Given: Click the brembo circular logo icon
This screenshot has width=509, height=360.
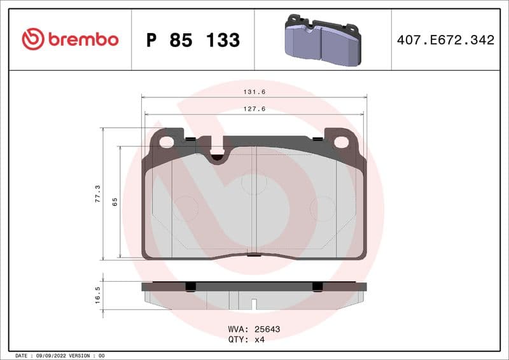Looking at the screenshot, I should click(x=33, y=39).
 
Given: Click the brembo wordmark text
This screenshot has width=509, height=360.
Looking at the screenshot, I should click(x=82, y=39).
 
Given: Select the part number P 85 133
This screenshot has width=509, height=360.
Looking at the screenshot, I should click(x=193, y=40).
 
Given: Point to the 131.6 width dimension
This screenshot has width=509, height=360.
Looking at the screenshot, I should click(x=254, y=92).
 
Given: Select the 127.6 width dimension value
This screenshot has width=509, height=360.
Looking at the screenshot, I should click(x=254, y=109).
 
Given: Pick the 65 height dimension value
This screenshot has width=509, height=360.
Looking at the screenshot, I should click(x=115, y=202).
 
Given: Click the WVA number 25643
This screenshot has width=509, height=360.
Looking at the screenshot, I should click(x=267, y=329).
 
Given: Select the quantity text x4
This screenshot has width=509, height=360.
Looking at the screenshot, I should click(x=259, y=340).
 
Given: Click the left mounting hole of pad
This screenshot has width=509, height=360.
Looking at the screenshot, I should click(x=166, y=142).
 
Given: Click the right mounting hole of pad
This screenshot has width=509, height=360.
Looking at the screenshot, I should click(x=342, y=142).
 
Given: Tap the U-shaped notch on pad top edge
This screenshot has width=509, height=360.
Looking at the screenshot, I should click(x=217, y=153).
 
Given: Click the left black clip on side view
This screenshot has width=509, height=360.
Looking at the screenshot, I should click(x=189, y=287).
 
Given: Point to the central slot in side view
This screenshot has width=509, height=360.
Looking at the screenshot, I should click(x=254, y=304).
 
